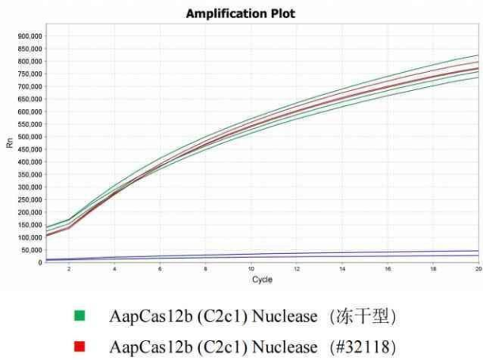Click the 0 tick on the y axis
pos(40,262)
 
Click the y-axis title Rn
pos(9,144)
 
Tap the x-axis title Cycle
pos(262,280)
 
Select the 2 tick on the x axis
pos(69,270)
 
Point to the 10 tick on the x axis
pos(251,270)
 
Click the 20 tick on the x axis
pos(477,270)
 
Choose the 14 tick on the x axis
pos(341,270)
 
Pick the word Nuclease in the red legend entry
pos(274,346)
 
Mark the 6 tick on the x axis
pos(160,270)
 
